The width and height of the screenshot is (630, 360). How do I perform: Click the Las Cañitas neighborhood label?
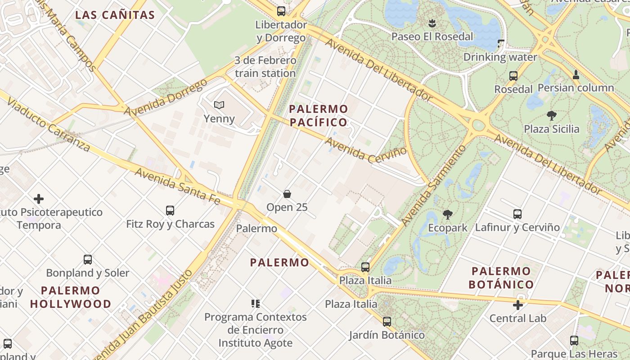click(x=115, y=15)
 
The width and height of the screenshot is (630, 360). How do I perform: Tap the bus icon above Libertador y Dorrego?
click(x=281, y=11)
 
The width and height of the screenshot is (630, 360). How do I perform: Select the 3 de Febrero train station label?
click(x=265, y=67)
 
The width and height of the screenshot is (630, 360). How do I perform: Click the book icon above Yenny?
click(x=219, y=105)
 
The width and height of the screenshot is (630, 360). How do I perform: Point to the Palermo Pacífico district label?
click(x=319, y=115)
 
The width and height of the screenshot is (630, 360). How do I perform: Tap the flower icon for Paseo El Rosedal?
click(x=432, y=23)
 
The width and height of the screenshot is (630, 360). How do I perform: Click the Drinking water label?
click(x=500, y=57)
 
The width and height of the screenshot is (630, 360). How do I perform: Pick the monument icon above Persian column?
click(x=576, y=75)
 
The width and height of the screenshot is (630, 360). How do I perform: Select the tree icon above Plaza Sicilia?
click(x=552, y=116)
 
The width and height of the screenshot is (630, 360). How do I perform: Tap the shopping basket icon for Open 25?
click(x=287, y=194)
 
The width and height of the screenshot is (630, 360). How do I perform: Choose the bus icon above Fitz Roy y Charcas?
click(x=170, y=210)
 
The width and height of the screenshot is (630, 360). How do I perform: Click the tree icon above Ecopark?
click(x=447, y=215)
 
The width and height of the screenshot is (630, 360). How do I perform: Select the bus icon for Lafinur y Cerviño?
click(x=517, y=214)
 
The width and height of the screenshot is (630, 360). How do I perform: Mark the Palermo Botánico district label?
click(x=501, y=278)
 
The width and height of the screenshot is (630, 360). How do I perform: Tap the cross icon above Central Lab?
click(x=518, y=305)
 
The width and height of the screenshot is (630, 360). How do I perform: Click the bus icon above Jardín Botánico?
click(x=387, y=322)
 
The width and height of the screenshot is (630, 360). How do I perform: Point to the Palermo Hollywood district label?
click(x=71, y=297)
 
